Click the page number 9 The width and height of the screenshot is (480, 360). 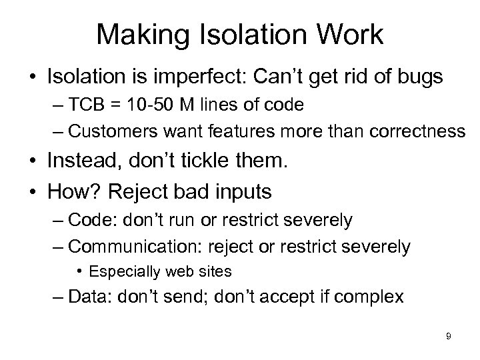pyautogui.click(x=449, y=336)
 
